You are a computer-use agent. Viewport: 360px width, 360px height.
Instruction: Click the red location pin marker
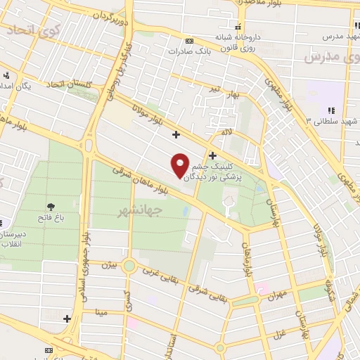pos(181,165)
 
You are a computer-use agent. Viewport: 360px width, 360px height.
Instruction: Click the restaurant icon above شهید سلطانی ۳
pos(331,110)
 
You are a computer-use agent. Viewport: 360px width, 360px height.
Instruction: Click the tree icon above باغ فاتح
pos(51,206)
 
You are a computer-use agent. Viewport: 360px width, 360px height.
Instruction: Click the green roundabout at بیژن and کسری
pos(129,266)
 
